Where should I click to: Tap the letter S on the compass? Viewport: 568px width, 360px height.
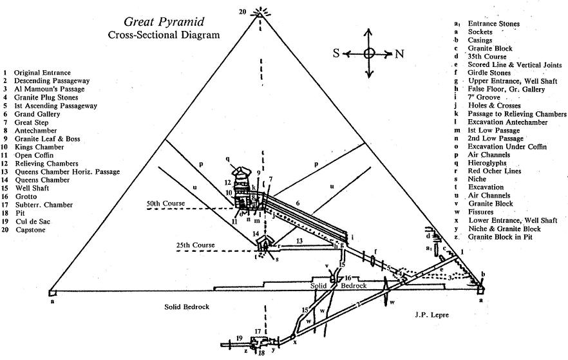tap(336, 54)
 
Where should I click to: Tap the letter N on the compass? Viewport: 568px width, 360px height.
tap(399, 54)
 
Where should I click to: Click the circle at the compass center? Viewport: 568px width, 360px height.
tap(368, 54)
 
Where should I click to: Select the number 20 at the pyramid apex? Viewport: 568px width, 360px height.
tap(242, 12)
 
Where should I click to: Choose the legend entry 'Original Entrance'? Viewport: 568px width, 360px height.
tap(43, 73)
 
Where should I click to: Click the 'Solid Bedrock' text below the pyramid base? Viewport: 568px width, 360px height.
tap(187, 307)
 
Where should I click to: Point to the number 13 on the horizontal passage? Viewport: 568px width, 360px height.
tap(299, 240)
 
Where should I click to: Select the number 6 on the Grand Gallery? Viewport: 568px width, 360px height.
tap(298, 203)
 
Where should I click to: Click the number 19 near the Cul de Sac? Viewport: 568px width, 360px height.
tap(238, 338)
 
